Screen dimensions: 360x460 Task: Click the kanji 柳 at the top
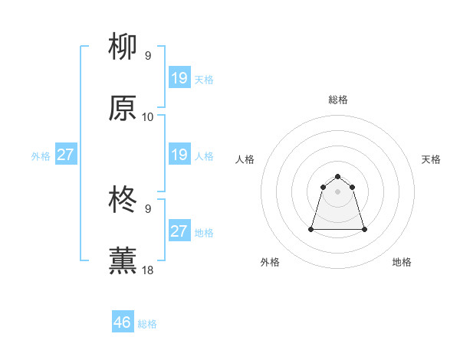click(x=123, y=48)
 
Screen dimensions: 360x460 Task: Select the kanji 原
click(x=123, y=109)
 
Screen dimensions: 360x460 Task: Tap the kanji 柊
click(x=123, y=201)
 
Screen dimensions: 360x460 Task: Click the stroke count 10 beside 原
click(x=148, y=117)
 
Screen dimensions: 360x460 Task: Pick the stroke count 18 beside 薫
click(x=148, y=270)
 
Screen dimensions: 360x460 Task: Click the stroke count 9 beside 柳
click(x=148, y=56)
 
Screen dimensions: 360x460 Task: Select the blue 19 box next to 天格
click(x=179, y=78)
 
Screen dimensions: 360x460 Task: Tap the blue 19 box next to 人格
click(x=179, y=155)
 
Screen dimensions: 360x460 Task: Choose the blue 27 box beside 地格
click(x=179, y=231)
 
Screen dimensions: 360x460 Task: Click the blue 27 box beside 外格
click(x=66, y=155)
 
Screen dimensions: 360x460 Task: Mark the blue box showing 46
click(x=123, y=322)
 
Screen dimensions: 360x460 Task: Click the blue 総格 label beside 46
click(x=147, y=324)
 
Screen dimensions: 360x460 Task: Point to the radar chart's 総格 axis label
click(x=338, y=100)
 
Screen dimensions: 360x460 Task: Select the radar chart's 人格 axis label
click(x=245, y=159)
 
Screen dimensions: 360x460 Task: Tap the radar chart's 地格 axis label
click(x=402, y=263)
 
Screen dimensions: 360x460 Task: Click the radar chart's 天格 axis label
click(x=431, y=159)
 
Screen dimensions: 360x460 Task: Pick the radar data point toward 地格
click(x=364, y=229)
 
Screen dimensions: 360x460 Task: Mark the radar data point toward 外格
click(x=312, y=229)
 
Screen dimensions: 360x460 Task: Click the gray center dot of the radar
click(x=338, y=191)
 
